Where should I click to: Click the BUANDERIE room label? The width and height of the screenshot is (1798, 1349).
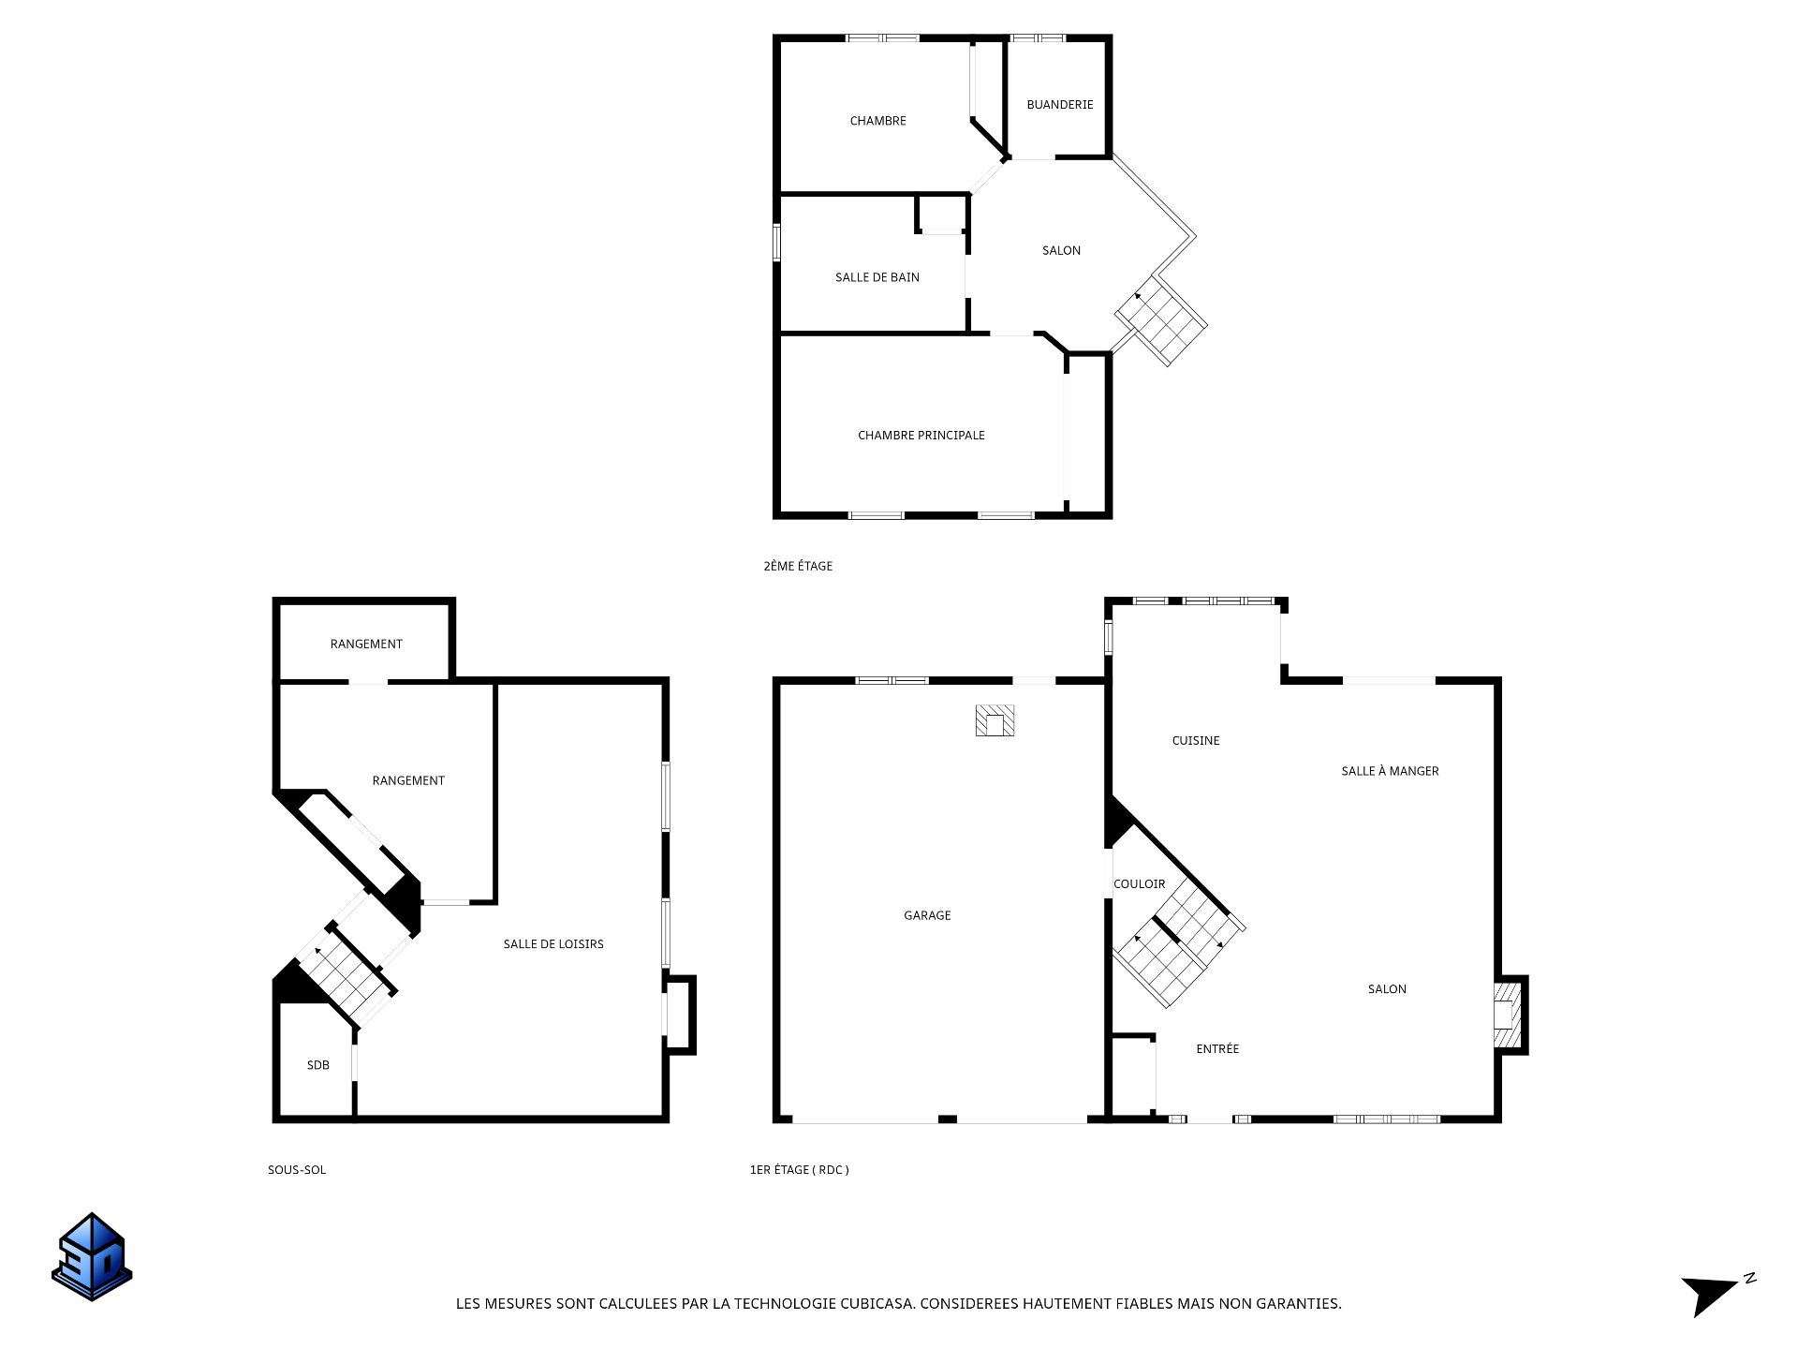(x=1059, y=105)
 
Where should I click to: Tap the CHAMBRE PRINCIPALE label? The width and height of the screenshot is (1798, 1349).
(x=921, y=436)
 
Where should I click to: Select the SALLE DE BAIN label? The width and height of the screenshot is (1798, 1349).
(x=877, y=277)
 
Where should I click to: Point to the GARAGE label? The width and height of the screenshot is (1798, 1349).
(x=927, y=915)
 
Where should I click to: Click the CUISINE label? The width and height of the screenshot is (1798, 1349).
(x=1196, y=741)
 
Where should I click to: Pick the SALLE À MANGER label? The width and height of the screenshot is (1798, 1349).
(x=1390, y=771)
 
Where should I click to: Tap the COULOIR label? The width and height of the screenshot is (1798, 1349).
(x=1140, y=884)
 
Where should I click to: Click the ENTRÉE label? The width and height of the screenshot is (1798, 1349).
(x=1217, y=1049)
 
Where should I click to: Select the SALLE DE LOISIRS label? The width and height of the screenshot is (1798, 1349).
(x=553, y=944)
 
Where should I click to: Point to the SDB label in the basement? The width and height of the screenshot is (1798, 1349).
(x=318, y=1065)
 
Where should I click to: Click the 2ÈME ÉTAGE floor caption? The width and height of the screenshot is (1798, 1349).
(x=798, y=566)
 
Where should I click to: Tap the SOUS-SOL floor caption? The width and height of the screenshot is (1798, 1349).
(x=297, y=1170)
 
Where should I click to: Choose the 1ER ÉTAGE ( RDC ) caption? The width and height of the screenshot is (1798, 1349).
(x=800, y=1170)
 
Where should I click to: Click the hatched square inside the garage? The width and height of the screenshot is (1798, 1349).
(x=995, y=720)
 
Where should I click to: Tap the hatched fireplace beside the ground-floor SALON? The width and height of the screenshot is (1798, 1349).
(x=1507, y=1015)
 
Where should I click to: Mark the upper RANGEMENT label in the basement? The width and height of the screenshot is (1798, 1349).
(x=366, y=645)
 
